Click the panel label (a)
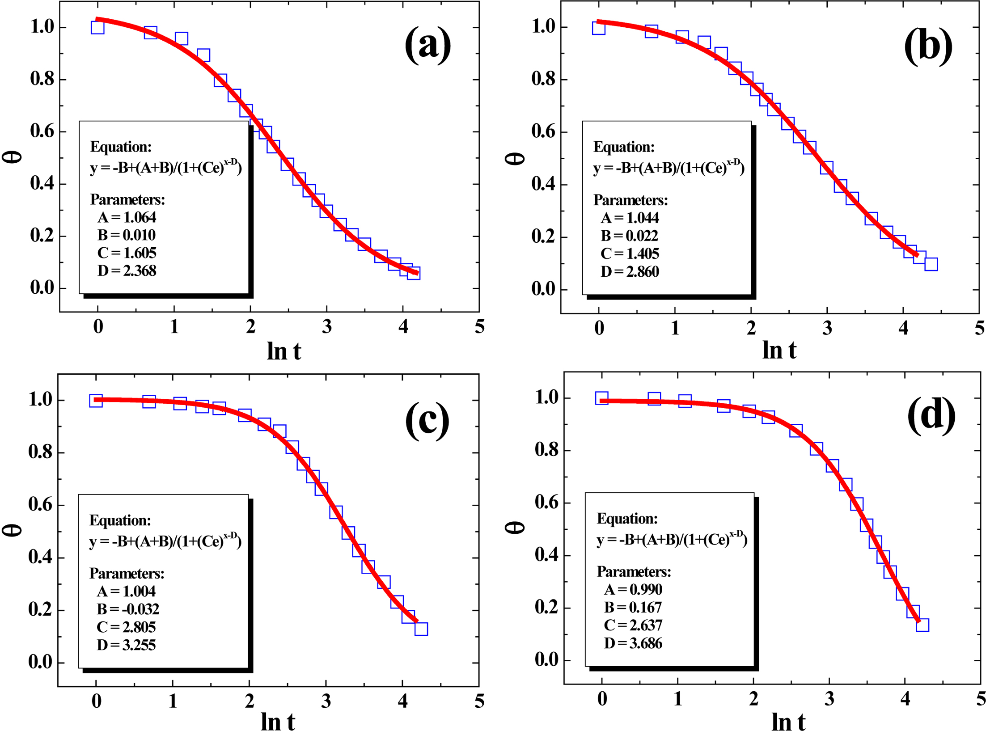(x=427, y=45)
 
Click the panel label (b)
(x=928, y=46)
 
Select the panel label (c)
(x=427, y=420)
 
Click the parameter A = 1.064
(x=127, y=218)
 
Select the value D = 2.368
(x=127, y=271)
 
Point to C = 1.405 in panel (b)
(x=630, y=254)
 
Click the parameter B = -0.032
(x=128, y=609)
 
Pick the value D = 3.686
(x=633, y=643)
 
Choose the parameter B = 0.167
(x=633, y=608)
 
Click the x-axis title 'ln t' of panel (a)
(x=284, y=351)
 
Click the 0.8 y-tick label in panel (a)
(x=42, y=79)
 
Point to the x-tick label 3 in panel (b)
(x=827, y=329)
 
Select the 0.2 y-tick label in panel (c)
(x=40, y=609)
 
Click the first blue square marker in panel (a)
(x=97, y=28)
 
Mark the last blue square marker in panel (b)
(x=931, y=264)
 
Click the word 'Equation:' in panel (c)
(x=120, y=520)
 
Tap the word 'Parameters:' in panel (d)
(x=634, y=572)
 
